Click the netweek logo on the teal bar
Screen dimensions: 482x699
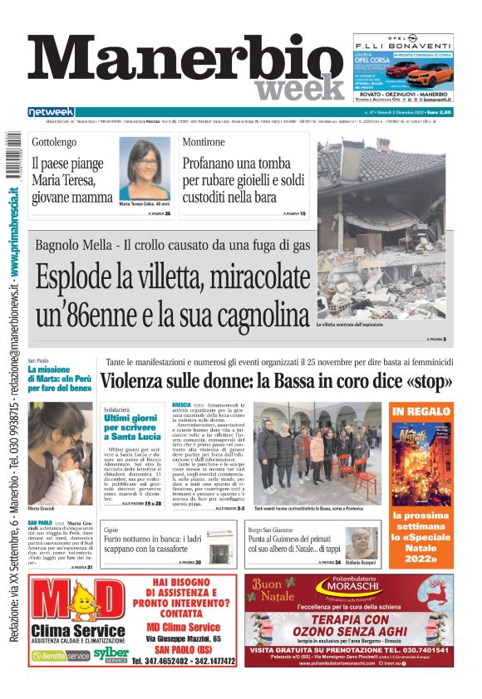[x=51, y=112]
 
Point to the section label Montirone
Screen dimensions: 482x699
[x=204, y=143]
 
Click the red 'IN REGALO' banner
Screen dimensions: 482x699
[x=421, y=412]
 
